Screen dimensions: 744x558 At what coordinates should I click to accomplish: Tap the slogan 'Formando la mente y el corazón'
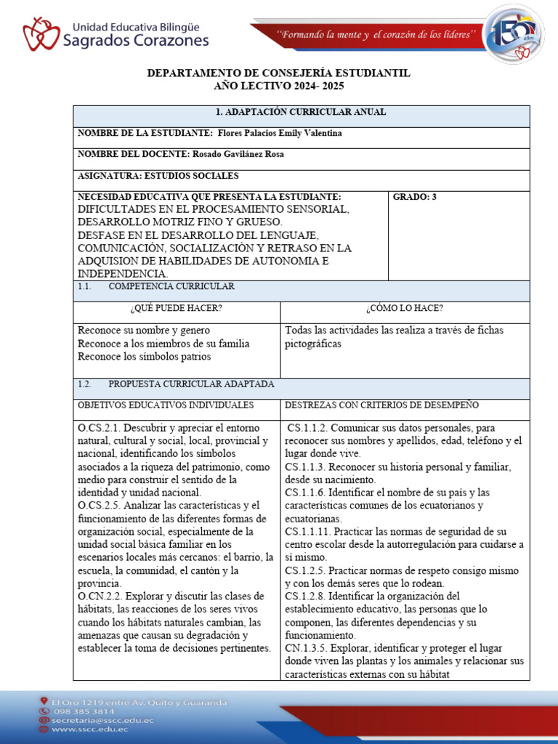pyautogui.click(x=379, y=34)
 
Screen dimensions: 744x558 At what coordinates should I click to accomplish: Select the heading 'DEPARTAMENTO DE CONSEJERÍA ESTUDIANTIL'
pyautogui.click(x=279, y=73)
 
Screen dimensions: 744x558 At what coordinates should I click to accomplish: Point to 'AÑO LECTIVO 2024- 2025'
pyautogui.click(x=279, y=86)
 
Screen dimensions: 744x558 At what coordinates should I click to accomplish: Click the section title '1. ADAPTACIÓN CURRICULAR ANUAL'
pyautogui.click(x=301, y=112)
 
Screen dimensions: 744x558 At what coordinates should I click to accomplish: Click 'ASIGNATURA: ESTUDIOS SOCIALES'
pyautogui.click(x=158, y=176)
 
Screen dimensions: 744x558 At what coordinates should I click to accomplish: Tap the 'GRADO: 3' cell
pyautogui.click(x=414, y=197)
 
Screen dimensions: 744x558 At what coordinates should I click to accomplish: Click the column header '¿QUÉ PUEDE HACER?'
pyautogui.click(x=177, y=308)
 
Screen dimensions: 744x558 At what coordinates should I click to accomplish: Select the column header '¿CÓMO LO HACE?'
pyautogui.click(x=405, y=308)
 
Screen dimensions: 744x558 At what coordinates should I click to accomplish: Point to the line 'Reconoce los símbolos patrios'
pyautogui.click(x=145, y=357)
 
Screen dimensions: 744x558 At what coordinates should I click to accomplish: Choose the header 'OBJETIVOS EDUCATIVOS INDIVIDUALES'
pyautogui.click(x=166, y=405)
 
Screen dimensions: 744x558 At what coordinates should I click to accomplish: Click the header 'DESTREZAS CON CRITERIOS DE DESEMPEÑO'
pyautogui.click(x=381, y=405)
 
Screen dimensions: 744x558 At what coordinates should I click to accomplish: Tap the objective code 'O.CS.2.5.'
pyautogui.click(x=100, y=505)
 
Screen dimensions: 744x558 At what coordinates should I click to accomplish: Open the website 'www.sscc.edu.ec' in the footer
pyautogui.click(x=89, y=729)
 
